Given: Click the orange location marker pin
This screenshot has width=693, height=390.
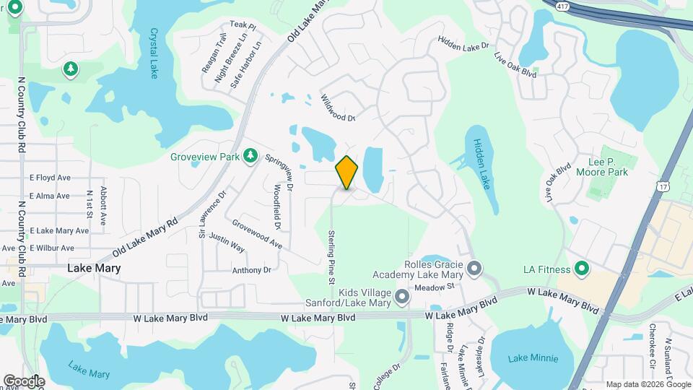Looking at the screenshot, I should tap(346, 173).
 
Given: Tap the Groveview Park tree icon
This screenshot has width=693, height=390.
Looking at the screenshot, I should tap(250, 155).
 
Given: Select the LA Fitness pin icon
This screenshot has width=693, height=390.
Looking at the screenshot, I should tap(582, 269).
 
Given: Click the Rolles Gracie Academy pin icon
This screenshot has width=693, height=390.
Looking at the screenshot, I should tap(474, 269).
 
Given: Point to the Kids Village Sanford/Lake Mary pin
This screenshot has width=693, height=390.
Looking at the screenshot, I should tap(403, 297).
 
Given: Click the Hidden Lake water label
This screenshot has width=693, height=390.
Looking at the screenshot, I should tap(481, 163).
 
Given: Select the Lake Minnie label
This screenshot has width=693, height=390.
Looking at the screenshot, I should tap(533, 358).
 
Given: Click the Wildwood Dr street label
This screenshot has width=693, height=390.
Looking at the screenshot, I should tap(339, 108).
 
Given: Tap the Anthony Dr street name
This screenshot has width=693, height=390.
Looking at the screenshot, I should tap(251, 270).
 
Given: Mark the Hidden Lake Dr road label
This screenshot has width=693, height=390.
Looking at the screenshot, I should tap(463, 45).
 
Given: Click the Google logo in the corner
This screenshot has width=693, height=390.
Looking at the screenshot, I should tap(23, 381).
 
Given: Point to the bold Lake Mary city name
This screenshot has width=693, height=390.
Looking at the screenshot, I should tap(94, 267).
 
